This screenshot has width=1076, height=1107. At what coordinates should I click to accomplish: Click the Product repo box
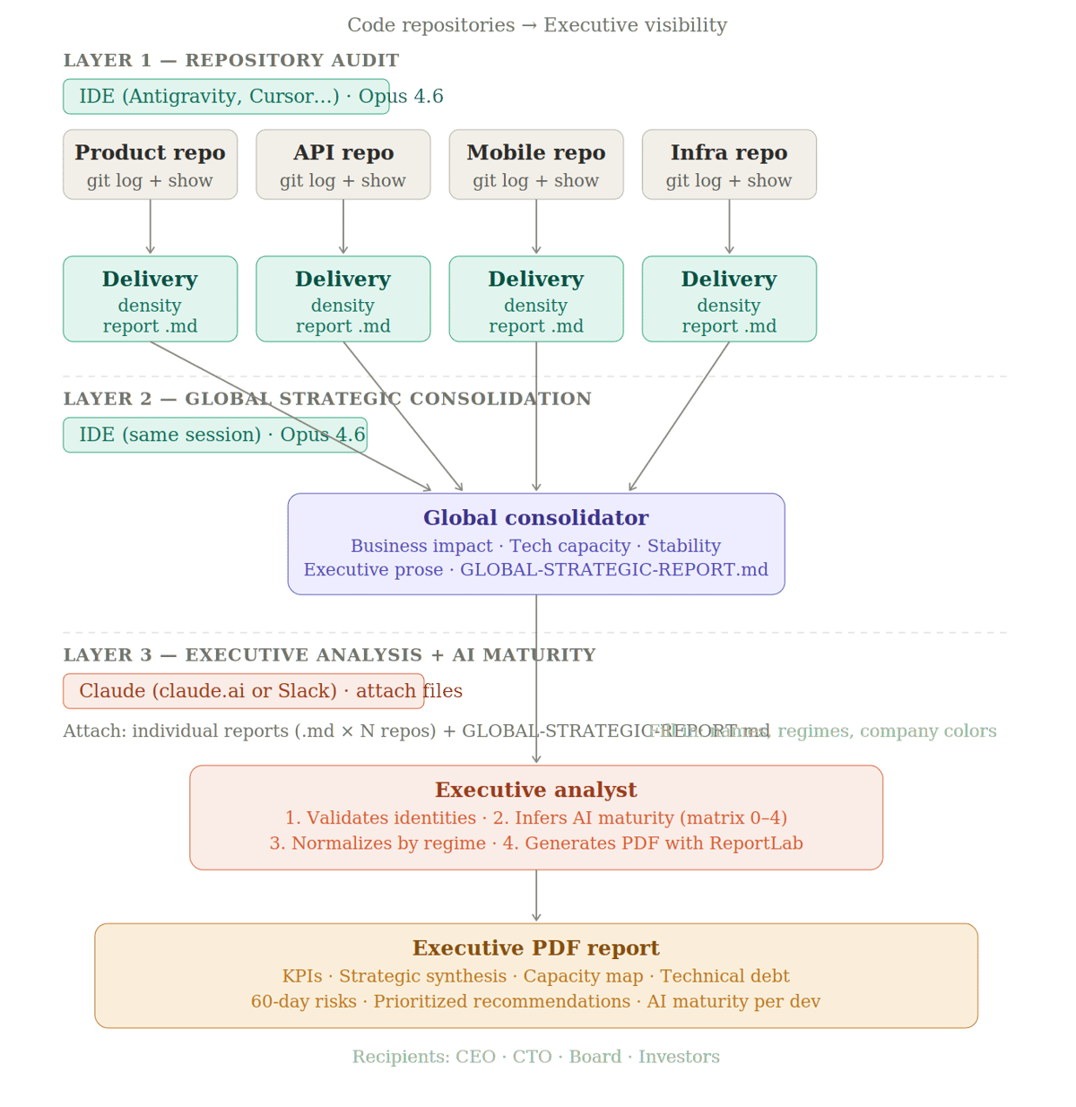click(x=150, y=165)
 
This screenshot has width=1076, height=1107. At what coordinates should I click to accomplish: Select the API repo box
click(x=343, y=165)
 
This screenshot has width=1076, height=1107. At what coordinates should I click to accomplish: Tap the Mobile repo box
click(x=535, y=165)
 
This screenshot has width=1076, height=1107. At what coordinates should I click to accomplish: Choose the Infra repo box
click(x=729, y=165)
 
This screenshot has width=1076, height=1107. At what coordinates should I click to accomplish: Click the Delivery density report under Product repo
click(x=150, y=299)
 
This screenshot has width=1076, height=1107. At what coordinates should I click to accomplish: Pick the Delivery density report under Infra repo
click(x=729, y=299)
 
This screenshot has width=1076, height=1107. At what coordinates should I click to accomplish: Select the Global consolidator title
click(x=535, y=518)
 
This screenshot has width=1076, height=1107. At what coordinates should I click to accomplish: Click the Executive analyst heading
click(x=535, y=790)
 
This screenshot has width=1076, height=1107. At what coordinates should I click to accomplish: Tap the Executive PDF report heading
click(x=535, y=948)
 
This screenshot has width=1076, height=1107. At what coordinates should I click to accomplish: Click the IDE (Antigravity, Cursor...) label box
click(x=226, y=97)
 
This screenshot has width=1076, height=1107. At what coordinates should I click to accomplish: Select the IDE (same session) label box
click(x=215, y=436)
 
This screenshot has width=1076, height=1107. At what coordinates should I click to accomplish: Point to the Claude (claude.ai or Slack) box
click(x=243, y=691)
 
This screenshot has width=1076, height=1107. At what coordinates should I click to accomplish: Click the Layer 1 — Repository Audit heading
click(x=230, y=61)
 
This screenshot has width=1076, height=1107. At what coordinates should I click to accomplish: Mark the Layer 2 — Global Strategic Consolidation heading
click(x=327, y=399)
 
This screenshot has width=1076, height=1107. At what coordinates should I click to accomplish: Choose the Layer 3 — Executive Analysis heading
click(x=329, y=655)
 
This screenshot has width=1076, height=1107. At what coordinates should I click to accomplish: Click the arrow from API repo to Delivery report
click(x=343, y=228)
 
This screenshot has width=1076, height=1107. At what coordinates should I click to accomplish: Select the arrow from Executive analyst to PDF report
click(x=536, y=896)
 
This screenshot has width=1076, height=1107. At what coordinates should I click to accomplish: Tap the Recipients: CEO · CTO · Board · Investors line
click(x=535, y=1057)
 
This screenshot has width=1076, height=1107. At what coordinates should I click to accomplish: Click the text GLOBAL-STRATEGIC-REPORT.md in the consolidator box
click(x=614, y=570)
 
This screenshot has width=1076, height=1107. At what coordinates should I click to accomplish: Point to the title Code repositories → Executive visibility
click(x=536, y=25)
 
